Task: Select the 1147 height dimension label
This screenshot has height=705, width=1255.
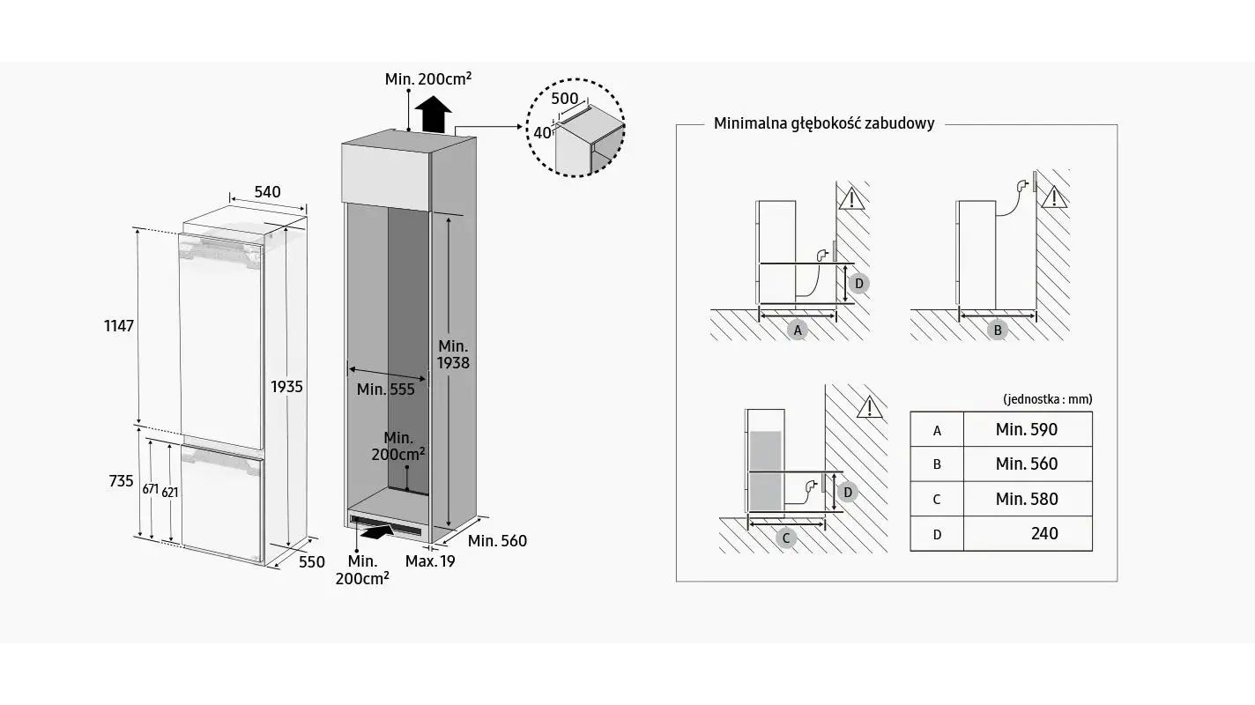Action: (x=118, y=326)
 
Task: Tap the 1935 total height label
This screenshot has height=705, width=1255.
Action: (x=286, y=387)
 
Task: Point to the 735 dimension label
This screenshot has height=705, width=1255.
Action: (x=122, y=481)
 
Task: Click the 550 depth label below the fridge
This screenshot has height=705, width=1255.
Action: (x=312, y=562)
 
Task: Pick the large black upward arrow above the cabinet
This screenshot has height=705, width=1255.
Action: (x=433, y=114)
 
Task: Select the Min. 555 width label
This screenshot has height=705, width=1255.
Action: (x=385, y=390)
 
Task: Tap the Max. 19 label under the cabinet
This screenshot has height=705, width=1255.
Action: (x=430, y=561)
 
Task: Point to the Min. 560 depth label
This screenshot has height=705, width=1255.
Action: (x=497, y=541)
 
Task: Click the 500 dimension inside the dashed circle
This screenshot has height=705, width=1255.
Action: (x=565, y=99)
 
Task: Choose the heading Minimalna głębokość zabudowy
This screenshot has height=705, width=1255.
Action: (x=823, y=123)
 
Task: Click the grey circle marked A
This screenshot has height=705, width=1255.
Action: (x=798, y=330)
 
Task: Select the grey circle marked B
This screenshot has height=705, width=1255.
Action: (x=998, y=330)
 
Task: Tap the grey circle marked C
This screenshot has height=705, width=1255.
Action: (x=786, y=538)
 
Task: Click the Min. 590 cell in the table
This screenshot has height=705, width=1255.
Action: (x=1026, y=430)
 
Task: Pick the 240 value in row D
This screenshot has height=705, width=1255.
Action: (x=1044, y=533)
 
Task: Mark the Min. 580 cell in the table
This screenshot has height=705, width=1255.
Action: (x=1026, y=499)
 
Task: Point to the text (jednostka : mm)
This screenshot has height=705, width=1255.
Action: (x=1047, y=399)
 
